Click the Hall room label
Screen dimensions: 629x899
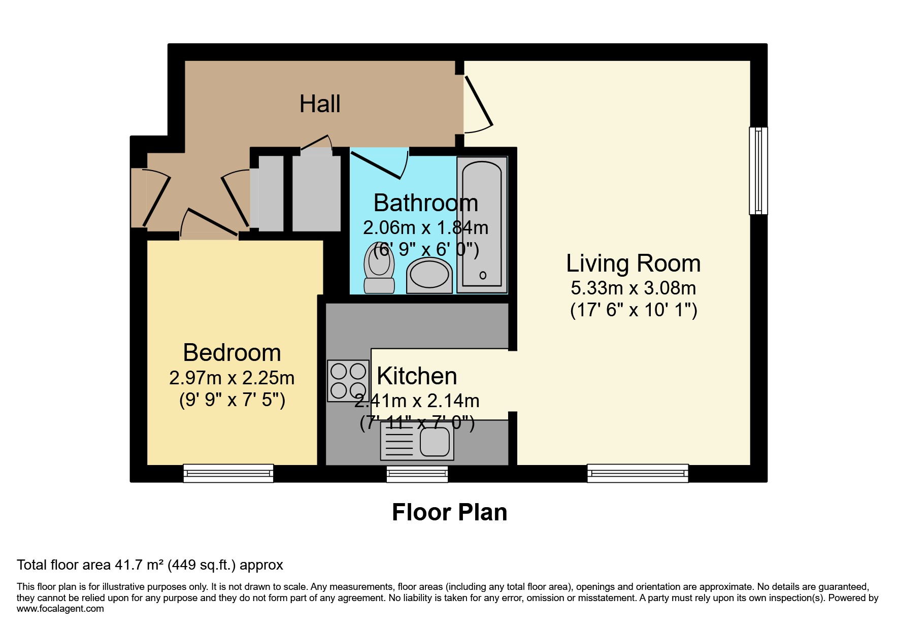(x=320, y=104)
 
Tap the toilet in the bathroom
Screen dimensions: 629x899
(x=379, y=269)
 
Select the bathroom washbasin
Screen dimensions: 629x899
(x=429, y=275)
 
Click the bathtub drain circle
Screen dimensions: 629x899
(x=483, y=276)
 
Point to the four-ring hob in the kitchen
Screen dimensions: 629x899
(x=348, y=381)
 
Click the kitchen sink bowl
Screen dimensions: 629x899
(x=435, y=441)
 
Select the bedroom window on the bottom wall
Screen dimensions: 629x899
(x=228, y=473)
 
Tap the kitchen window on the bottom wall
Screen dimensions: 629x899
(x=417, y=474)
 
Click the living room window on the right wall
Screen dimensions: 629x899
(x=758, y=171)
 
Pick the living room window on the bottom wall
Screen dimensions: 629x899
(x=638, y=473)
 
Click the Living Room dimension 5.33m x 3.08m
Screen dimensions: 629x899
(x=633, y=288)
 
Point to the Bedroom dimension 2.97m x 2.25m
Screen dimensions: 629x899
(x=232, y=378)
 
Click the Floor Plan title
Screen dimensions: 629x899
(x=449, y=512)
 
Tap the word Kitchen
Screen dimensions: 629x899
(x=417, y=376)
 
